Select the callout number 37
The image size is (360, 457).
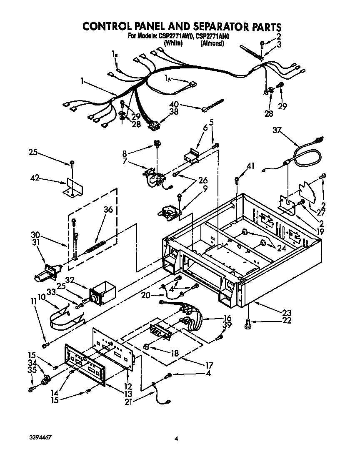point(277,130)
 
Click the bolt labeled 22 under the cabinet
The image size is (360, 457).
point(249,321)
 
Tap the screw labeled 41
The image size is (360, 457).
point(237,181)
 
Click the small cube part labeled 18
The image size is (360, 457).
point(147,346)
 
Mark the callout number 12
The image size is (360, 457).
point(128,386)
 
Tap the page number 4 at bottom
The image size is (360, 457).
point(177,438)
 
